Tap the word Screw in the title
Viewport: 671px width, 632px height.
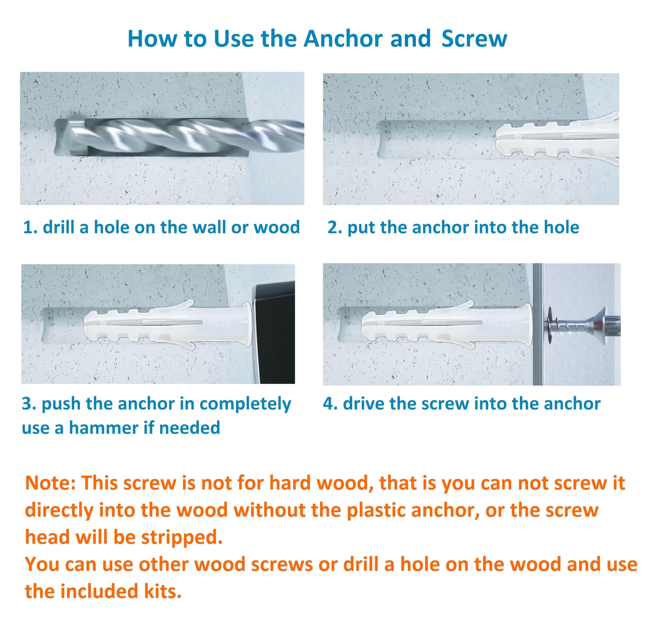474,39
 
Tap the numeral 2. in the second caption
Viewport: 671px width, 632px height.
334,227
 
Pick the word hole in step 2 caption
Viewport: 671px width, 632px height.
562,227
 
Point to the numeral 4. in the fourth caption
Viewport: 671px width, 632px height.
330,404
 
